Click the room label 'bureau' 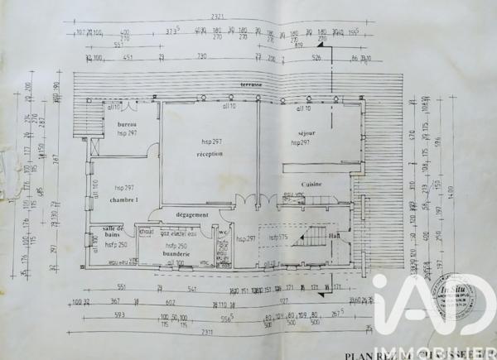[x=126, y=123]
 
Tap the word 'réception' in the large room [x=210, y=154]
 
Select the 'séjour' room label [x=308, y=132]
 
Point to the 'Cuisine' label [x=311, y=184]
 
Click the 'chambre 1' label [x=124, y=199]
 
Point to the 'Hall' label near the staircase [x=333, y=235]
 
